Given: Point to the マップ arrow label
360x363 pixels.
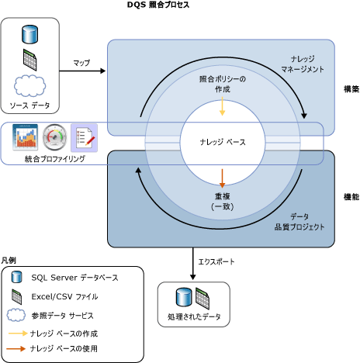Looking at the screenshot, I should coord(81,61).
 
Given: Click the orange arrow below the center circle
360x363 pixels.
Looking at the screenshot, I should coord(223,177).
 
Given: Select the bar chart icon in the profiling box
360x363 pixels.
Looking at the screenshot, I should coord(26,138).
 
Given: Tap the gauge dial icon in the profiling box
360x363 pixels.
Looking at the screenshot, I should coord(56,138).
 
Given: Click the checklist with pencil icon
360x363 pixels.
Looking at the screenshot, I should coord(84,138).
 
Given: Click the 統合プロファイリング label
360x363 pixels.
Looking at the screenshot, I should coord(55,159).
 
